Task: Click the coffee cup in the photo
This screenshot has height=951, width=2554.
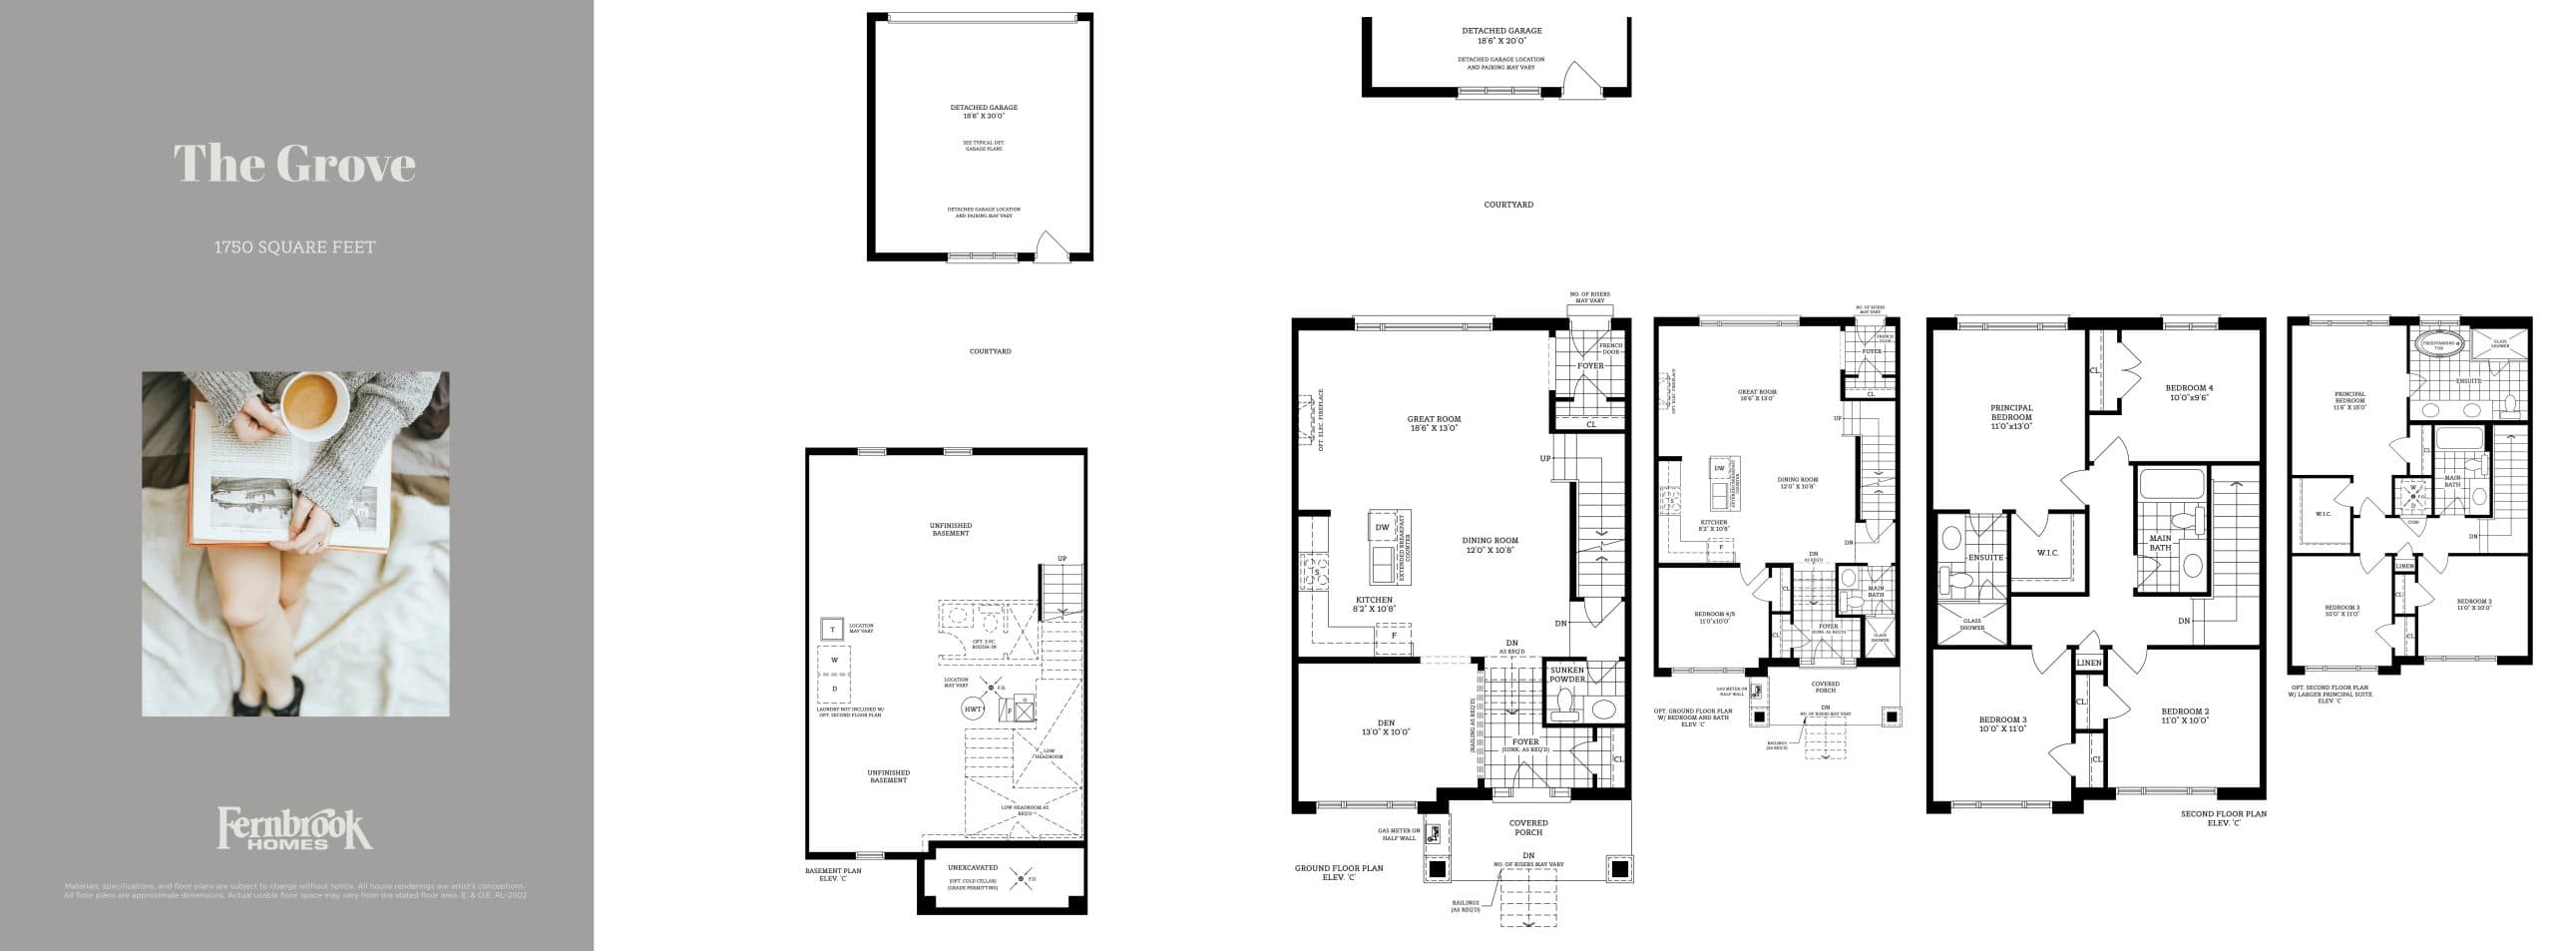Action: point(313,402)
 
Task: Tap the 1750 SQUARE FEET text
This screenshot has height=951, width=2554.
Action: point(294,247)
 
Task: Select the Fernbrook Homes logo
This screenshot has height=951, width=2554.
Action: point(294,828)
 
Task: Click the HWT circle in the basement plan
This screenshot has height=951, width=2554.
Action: point(973,709)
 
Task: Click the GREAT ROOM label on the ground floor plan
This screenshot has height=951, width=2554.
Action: point(1434,423)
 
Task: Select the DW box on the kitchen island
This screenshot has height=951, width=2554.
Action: point(1382,528)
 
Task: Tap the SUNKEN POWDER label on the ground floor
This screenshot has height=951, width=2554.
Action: point(1567,675)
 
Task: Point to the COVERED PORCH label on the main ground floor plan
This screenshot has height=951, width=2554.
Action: point(1527,827)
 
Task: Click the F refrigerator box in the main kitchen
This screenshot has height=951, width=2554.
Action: point(1380,636)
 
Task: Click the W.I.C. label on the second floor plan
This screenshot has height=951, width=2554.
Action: point(2040,553)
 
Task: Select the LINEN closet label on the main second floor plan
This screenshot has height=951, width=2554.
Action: point(2088,664)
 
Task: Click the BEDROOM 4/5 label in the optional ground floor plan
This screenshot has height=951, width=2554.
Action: point(1713,617)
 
